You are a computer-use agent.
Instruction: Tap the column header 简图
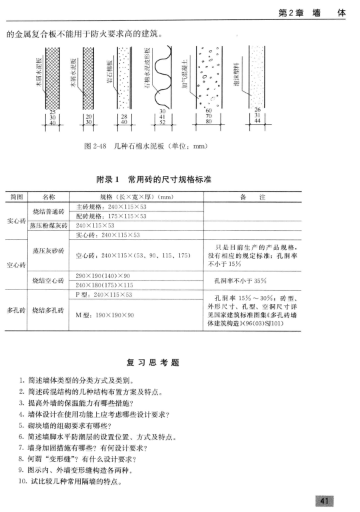tap(15, 197)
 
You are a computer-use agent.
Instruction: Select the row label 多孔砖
tap(15, 310)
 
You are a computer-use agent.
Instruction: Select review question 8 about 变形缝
tap(83, 458)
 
